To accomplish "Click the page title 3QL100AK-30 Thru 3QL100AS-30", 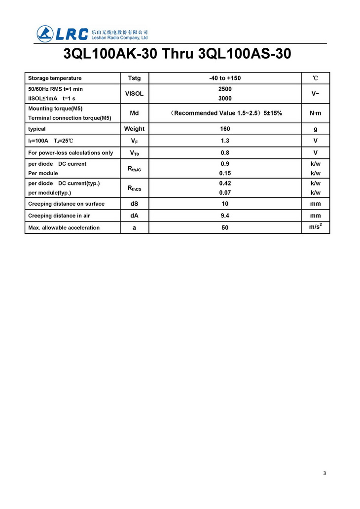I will [x=178, y=54].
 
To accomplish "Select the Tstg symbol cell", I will [x=134, y=78].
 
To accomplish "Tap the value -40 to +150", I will [x=225, y=78].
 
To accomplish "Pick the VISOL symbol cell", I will [x=134, y=94].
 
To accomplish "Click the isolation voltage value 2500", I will [x=225, y=89].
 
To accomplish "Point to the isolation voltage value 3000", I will [x=225, y=98].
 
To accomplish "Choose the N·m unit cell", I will [x=315, y=113].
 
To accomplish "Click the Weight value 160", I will [x=225, y=129].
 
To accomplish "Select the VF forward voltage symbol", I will [x=134, y=141].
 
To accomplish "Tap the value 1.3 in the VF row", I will [x=225, y=141].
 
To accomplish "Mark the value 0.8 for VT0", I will [x=225, y=152].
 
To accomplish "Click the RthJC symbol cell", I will [x=134, y=169].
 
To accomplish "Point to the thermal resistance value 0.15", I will [x=225, y=173].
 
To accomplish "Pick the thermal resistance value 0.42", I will [x=225, y=183].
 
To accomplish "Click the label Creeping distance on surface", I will [x=66, y=204].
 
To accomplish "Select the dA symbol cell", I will [x=134, y=216].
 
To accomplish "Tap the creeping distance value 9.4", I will [x=225, y=216].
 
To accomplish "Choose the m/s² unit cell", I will [x=315, y=227].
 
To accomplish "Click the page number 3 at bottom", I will [x=324, y=473].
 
